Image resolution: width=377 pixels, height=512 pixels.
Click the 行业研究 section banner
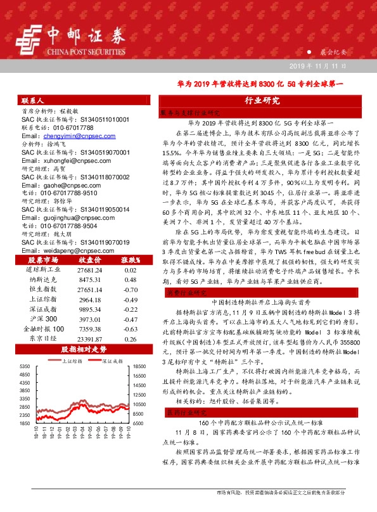(262, 101)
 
